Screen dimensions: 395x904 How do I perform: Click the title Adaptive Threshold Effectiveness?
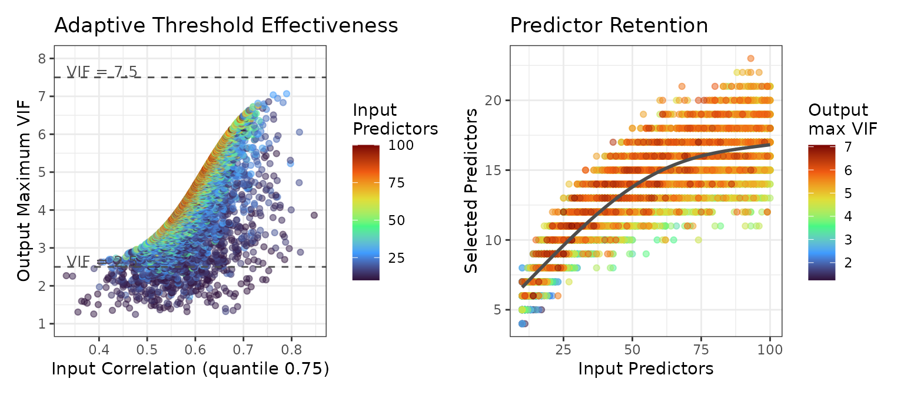(226, 26)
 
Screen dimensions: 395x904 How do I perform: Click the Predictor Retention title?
(609, 26)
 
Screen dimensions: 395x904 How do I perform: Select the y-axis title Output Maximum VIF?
(24, 190)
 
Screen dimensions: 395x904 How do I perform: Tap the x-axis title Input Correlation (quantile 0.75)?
(190, 369)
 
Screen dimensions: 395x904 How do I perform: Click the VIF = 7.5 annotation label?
(102, 71)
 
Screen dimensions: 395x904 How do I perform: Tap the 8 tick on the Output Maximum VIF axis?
(42, 58)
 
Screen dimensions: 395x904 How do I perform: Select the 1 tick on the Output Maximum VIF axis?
(42, 324)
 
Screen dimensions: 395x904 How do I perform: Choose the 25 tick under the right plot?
(563, 350)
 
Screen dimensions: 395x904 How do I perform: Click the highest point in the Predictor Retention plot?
(750, 58)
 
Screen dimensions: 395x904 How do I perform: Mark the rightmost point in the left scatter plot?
(314, 215)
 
